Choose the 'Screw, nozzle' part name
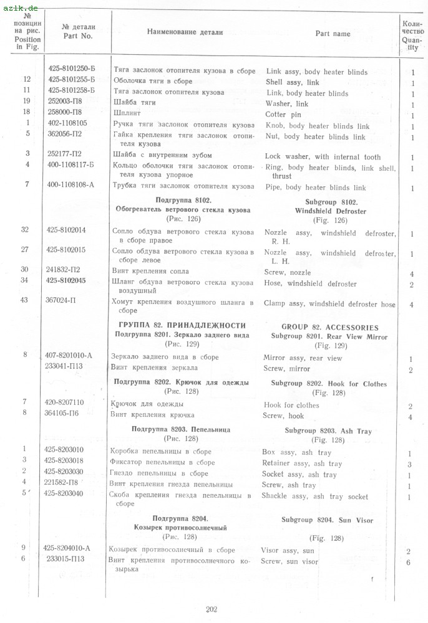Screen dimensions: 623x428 [x=288, y=273]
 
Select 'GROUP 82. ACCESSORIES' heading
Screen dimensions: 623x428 [x=329, y=327]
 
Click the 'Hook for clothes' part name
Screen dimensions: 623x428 [x=291, y=405]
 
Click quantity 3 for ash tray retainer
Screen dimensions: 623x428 [x=409, y=464]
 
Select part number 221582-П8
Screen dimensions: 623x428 [x=69, y=484]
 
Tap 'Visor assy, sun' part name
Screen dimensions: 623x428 [x=288, y=550]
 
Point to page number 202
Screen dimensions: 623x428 [x=211, y=609]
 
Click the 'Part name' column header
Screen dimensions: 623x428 [x=333, y=34]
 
